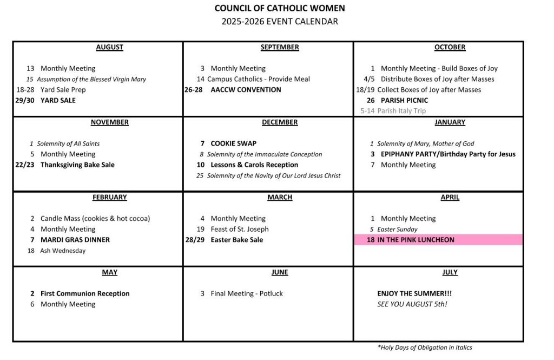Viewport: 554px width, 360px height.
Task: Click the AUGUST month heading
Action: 109,48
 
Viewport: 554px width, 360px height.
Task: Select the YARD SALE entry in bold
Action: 58,100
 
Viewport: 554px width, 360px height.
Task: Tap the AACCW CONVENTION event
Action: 246,90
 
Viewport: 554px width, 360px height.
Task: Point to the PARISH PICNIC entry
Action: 404,100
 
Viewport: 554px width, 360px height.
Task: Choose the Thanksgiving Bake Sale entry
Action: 77,165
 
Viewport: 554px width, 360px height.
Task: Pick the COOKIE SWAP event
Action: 233,143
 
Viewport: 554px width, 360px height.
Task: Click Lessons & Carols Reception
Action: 254,165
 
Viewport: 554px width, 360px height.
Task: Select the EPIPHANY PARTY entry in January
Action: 448,154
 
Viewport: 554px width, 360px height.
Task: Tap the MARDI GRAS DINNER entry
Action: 75,240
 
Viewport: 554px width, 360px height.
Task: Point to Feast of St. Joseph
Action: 239,229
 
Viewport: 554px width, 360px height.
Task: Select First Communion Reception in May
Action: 85,293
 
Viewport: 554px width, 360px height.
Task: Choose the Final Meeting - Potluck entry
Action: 246,293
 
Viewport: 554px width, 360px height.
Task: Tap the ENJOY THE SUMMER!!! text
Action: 414,293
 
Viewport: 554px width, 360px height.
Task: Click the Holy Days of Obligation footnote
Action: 424,348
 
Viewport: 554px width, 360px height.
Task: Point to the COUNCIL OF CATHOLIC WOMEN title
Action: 280,8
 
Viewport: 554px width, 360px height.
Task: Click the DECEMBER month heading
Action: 280,122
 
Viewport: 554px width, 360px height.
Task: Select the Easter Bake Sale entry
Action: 236,240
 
